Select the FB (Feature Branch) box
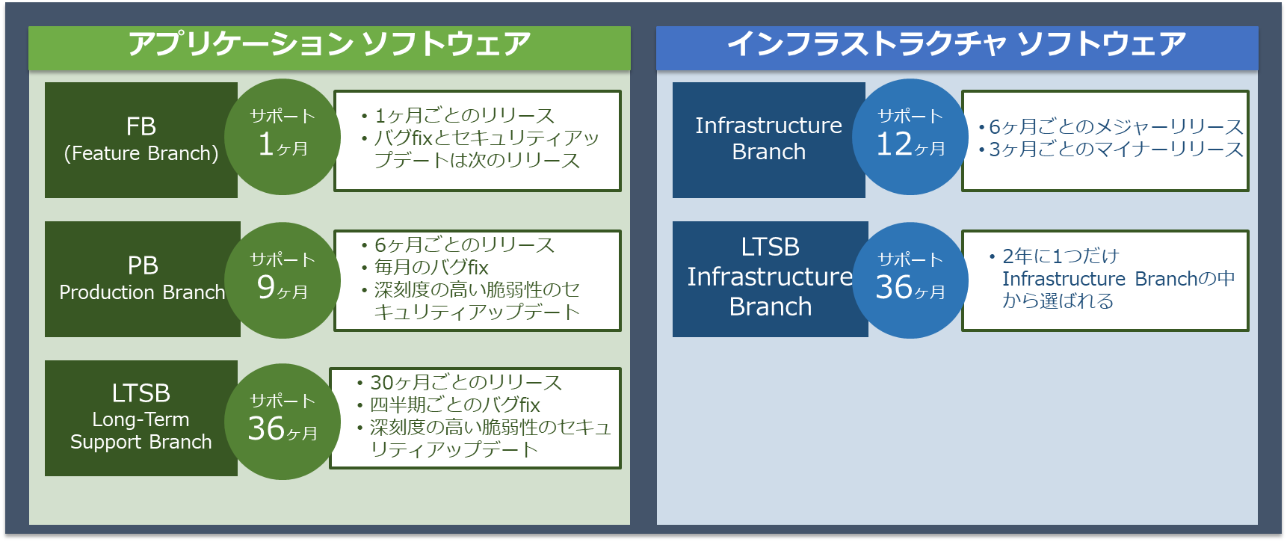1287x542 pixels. tap(141, 140)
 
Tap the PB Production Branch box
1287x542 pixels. tap(142, 279)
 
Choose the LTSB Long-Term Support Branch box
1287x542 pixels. tap(141, 418)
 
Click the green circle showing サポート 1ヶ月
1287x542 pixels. tap(283, 137)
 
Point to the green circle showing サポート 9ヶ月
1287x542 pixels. tap(283, 280)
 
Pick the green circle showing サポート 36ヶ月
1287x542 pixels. tap(283, 422)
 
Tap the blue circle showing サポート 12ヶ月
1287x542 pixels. tap(910, 137)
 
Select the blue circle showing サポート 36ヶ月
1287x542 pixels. tap(910, 280)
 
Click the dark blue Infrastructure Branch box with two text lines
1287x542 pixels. tap(768, 140)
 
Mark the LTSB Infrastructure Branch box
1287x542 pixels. tap(770, 279)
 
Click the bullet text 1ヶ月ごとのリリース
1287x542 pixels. tap(464, 116)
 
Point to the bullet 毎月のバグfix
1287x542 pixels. tap(431, 268)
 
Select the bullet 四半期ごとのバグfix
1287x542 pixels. tap(454, 405)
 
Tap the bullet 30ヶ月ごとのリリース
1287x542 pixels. tap(466, 383)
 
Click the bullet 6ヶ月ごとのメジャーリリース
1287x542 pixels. tap(1116, 127)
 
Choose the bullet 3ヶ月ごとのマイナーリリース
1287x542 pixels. tap(1116, 150)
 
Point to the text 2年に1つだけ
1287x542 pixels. tap(1061, 256)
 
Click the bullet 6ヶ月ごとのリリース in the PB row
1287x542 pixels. tap(464, 245)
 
